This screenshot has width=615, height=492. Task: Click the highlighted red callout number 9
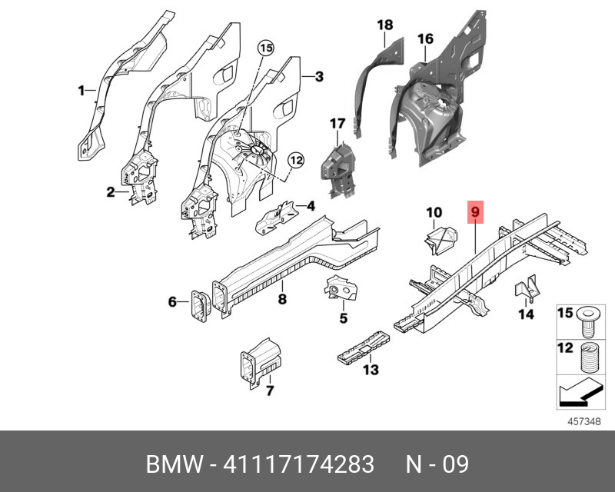[475, 212]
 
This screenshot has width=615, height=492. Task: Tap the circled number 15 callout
[266, 48]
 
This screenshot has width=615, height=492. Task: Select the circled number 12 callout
[296, 161]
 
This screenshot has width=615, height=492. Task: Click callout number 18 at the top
[385, 25]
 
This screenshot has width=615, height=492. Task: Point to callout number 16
[426, 39]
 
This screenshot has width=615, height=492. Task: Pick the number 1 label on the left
[81, 91]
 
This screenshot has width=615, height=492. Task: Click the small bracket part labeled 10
[441, 239]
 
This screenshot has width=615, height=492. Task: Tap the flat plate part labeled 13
[364, 347]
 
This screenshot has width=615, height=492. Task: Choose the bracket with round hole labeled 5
[341, 288]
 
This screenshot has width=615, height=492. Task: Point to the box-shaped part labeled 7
[261, 363]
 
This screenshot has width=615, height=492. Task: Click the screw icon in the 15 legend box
[587, 321]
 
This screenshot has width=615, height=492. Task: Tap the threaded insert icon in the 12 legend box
[588, 357]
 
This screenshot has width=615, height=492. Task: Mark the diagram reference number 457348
[584, 421]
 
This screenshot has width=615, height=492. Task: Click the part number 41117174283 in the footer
[299, 464]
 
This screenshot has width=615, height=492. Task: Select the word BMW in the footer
[175, 464]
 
